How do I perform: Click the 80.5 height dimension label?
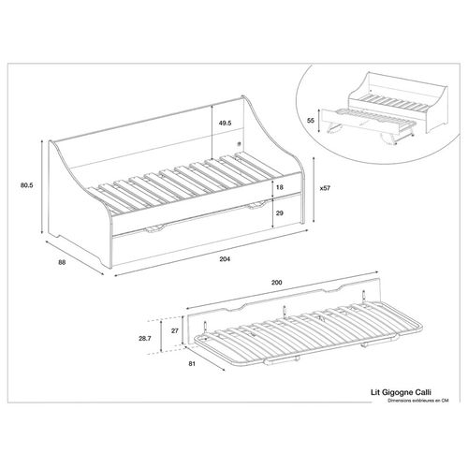[27, 185]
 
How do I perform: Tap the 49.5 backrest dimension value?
[225, 123]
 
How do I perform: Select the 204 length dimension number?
[225, 259]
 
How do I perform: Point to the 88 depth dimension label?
[62, 262]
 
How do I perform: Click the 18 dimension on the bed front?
[280, 187]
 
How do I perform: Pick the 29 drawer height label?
[280, 213]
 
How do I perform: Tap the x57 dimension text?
[325, 188]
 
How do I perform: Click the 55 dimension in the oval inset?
[310, 121]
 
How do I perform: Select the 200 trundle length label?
[276, 283]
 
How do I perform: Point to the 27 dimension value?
[175, 330]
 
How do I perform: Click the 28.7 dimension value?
[145, 339]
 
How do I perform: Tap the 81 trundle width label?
[192, 363]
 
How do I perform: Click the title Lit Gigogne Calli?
[401, 392]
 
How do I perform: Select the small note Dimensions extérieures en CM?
[418, 401]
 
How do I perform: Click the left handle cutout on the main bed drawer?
[154, 228]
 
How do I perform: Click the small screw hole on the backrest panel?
[239, 144]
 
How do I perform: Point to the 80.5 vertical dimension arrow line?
[42, 187]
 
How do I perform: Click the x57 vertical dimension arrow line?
[314, 190]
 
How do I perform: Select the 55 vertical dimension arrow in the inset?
[318, 121]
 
